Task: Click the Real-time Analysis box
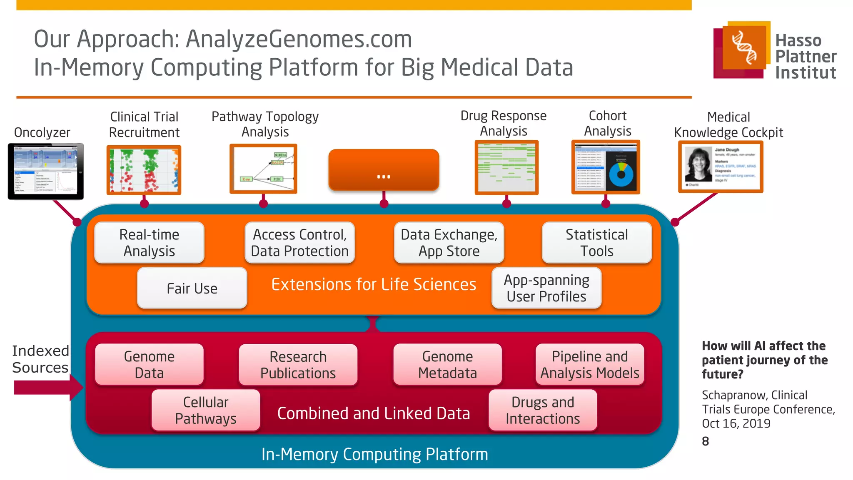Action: coord(149,243)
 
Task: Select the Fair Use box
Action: coord(192,288)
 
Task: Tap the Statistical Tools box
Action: coord(596,243)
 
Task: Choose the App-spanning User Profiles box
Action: coord(546,288)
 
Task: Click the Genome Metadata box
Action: coord(447,365)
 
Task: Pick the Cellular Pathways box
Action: coord(206,410)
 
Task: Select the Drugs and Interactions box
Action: coord(542,410)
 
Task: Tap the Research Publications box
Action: coord(298,365)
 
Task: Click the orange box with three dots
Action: coord(384,170)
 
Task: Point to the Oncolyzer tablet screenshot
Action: coord(46,171)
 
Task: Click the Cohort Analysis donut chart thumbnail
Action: coord(621,174)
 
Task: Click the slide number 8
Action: coord(705,441)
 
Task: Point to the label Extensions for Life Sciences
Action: coord(373,285)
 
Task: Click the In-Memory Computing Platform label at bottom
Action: coord(374,454)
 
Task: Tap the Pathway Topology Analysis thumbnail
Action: coord(263,169)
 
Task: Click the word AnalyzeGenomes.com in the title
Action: coord(299,39)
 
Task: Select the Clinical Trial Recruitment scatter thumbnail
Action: coord(144,170)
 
